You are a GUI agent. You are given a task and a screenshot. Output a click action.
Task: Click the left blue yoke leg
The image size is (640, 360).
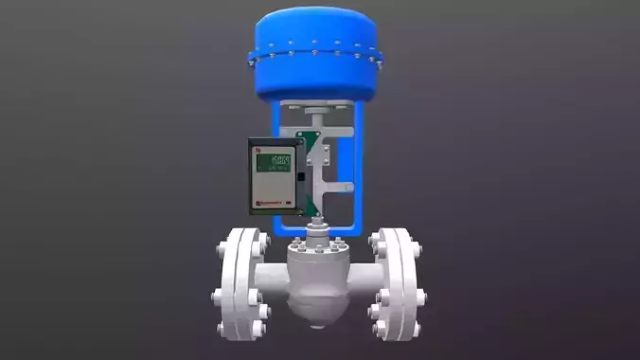(x=278, y=224)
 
